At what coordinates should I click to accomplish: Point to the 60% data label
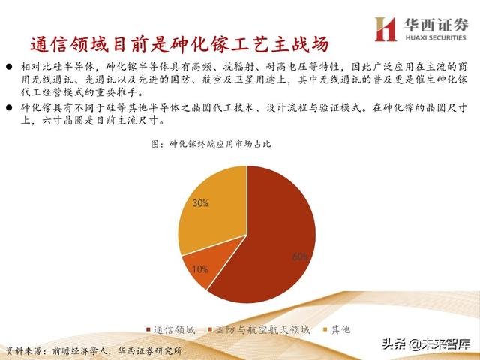300,256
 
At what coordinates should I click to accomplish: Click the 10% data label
199,268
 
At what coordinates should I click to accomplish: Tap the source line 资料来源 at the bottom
93,351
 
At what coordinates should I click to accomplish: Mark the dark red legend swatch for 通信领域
146,329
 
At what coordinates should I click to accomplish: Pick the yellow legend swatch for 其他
324,329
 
